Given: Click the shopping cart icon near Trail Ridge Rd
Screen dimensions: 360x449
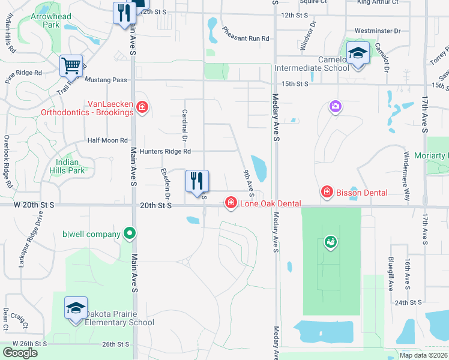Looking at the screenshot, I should [x=71, y=65].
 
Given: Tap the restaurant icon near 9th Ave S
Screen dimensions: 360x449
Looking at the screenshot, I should [x=197, y=181].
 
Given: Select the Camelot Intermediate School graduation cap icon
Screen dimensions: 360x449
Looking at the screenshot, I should [x=358, y=54].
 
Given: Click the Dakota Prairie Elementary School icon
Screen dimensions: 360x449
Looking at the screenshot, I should [x=76, y=308].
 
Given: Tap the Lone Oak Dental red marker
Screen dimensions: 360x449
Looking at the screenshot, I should [x=231, y=204].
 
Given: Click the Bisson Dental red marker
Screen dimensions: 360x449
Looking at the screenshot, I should [x=327, y=192].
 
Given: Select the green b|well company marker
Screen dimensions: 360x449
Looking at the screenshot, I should [x=128, y=233].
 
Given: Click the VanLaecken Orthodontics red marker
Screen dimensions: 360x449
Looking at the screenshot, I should [x=142, y=107].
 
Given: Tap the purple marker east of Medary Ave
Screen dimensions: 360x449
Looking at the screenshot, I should [x=335, y=107].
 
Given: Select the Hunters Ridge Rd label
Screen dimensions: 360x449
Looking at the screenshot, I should [x=165, y=152].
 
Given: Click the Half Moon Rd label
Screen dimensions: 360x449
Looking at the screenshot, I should [x=107, y=140].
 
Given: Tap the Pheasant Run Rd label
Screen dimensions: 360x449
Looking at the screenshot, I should [x=246, y=34].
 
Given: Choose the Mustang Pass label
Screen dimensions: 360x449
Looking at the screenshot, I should [x=106, y=80].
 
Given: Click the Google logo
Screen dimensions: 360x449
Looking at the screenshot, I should [x=20, y=353].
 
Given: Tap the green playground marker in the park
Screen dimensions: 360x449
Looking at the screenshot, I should [x=330, y=242].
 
